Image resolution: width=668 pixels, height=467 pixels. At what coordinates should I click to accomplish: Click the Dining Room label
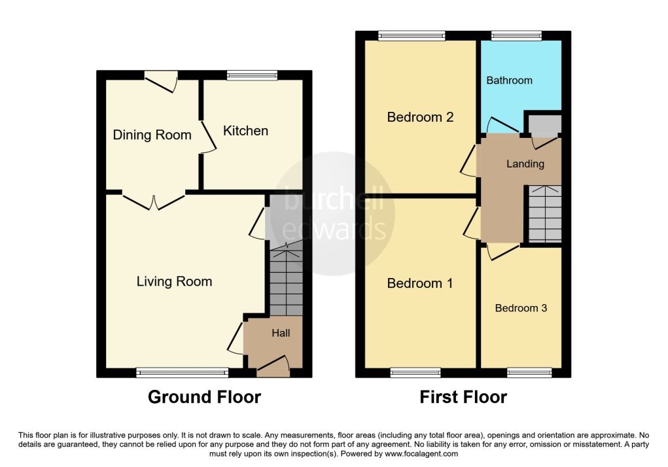tap(152, 135)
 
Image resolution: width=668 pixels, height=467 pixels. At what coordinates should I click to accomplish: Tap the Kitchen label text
tap(245, 131)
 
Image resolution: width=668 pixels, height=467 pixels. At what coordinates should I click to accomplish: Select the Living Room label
tap(174, 281)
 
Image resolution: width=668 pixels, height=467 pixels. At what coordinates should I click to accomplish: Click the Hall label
tap(281, 333)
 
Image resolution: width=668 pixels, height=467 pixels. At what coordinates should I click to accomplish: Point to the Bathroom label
tap(509, 80)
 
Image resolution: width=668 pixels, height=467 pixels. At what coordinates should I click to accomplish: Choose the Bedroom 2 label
tap(420, 117)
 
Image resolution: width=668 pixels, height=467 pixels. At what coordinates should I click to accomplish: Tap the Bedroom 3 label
tap(521, 308)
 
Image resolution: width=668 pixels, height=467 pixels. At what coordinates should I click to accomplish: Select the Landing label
tap(525, 164)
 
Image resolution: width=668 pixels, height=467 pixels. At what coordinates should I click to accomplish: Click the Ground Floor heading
tap(205, 397)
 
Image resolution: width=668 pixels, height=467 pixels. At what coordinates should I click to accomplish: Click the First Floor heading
tap(463, 397)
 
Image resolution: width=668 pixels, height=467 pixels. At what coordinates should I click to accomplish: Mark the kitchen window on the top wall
tap(252, 75)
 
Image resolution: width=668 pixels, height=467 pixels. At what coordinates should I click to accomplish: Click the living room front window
tap(183, 373)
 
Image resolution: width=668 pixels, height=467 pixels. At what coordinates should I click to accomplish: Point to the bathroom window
tap(516, 36)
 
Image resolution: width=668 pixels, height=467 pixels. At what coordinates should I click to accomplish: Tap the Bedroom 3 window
tap(529, 373)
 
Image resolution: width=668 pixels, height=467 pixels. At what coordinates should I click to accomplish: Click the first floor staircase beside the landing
tap(545, 214)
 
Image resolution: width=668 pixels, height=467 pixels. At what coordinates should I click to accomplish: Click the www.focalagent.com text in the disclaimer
tap(421, 454)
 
